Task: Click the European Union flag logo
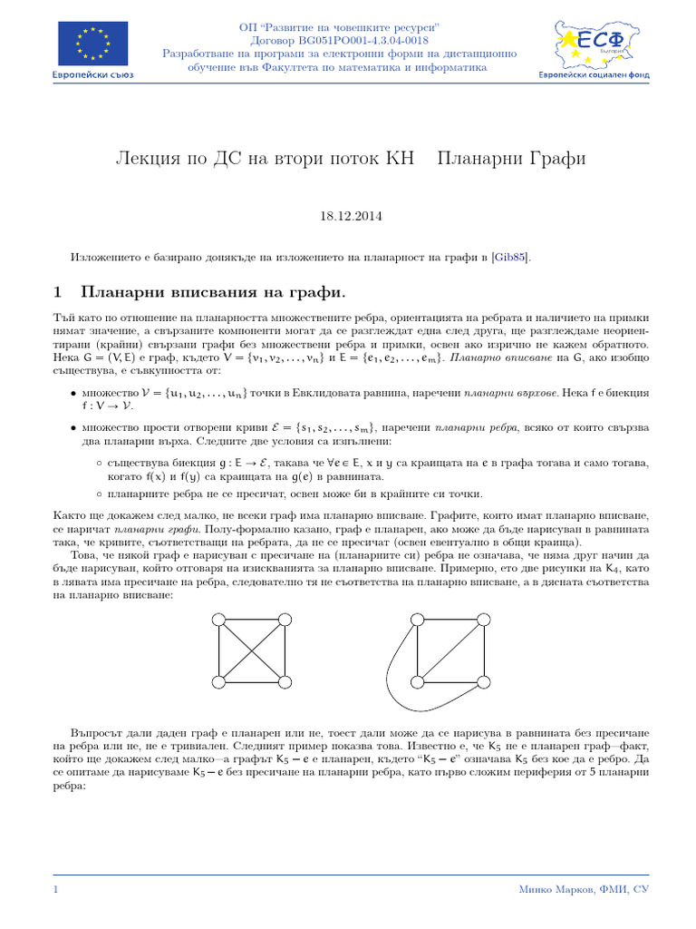coord(92,44)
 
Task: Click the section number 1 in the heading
coord(58,292)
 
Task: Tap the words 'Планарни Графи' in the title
coord(511,159)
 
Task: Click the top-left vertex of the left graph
coord(217,620)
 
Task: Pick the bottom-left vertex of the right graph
coord(417,681)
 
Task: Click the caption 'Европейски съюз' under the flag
coord(92,75)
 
